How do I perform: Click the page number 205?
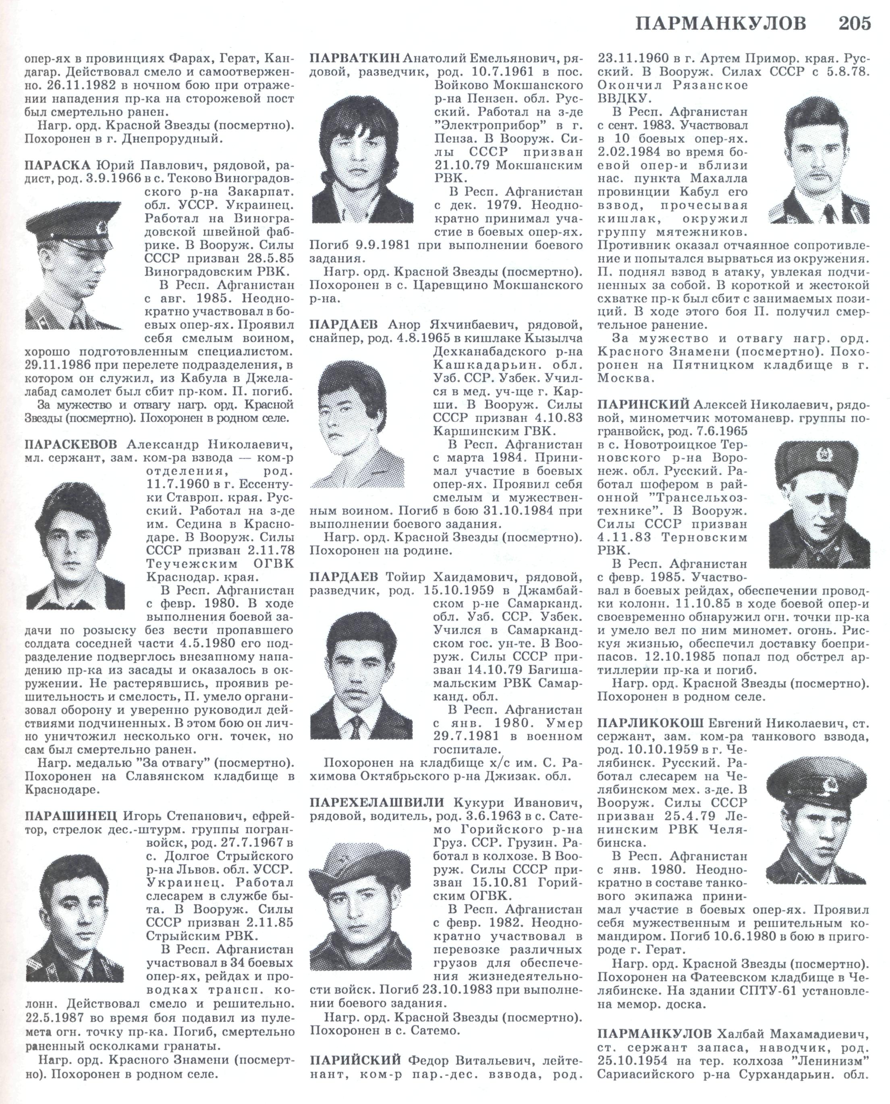click(x=855, y=24)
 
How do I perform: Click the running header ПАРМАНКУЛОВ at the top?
click(x=720, y=24)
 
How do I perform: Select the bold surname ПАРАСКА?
click(x=56, y=166)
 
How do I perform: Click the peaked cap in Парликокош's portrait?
click(x=809, y=779)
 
